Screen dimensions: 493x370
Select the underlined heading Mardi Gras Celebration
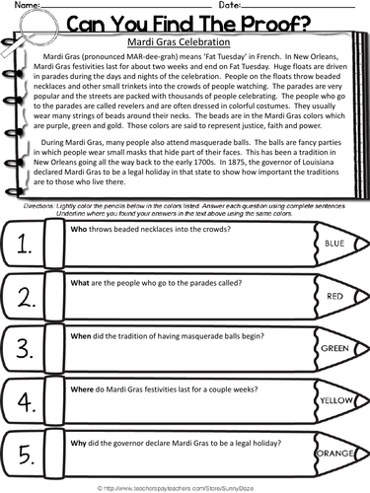pyautogui.click(x=185, y=43)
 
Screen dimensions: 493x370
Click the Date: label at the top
pyautogui.click(x=230, y=6)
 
